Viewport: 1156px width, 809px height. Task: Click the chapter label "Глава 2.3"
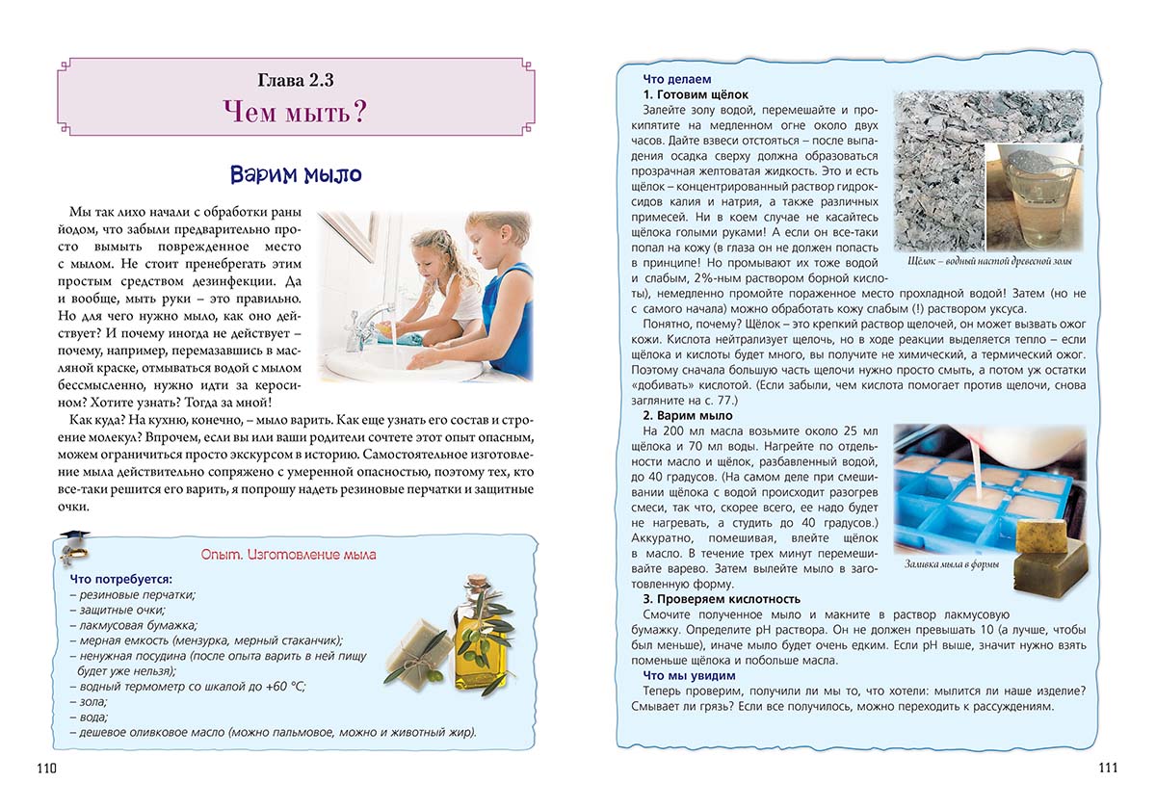pyautogui.click(x=296, y=80)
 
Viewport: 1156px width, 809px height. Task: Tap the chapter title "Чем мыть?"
pyautogui.click(x=296, y=114)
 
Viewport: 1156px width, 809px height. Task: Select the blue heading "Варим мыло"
pyautogui.click(x=296, y=174)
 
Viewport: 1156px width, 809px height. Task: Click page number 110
pyautogui.click(x=47, y=768)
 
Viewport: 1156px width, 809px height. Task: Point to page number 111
pyautogui.click(x=1107, y=767)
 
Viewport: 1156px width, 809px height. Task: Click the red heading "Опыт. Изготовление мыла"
pyautogui.click(x=288, y=555)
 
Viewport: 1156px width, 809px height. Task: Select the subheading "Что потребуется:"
pyautogui.click(x=121, y=579)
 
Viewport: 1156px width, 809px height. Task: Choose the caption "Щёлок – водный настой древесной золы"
pyautogui.click(x=990, y=261)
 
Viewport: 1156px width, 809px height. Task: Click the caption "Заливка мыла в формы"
pyautogui.click(x=952, y=564)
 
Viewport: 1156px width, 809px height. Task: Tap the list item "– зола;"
pyautogui.click(x=92, y=701)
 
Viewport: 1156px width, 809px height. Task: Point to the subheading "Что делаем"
pyautogui.click(x=678, y=79)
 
